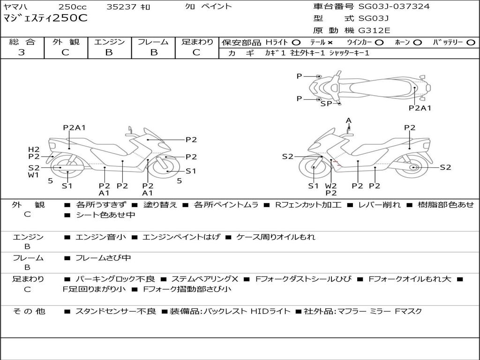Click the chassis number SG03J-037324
click(x=394, y=6)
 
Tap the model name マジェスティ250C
click(x=45, y=18)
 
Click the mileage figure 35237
click(x=121, y=7)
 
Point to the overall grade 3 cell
click(x=22, y=52)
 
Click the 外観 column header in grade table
click(x=66, y=42)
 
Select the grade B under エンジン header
click(x=109, y=52)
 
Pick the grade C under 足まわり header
click(x=196, y=52)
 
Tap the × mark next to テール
click(x=330, y=43)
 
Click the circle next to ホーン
click(x=417, y=43)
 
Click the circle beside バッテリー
click(x=471, y=43)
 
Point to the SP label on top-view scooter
click(x=326, y=104)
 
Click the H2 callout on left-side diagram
click(x=34, y=150)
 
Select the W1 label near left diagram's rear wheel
click(x=33, y=175)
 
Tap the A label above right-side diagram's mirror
click(x=348, y=120)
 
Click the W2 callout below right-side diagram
click(x=331, y=186)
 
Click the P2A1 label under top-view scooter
click(x=420, y=108)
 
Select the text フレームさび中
click(x=103, y=258)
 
